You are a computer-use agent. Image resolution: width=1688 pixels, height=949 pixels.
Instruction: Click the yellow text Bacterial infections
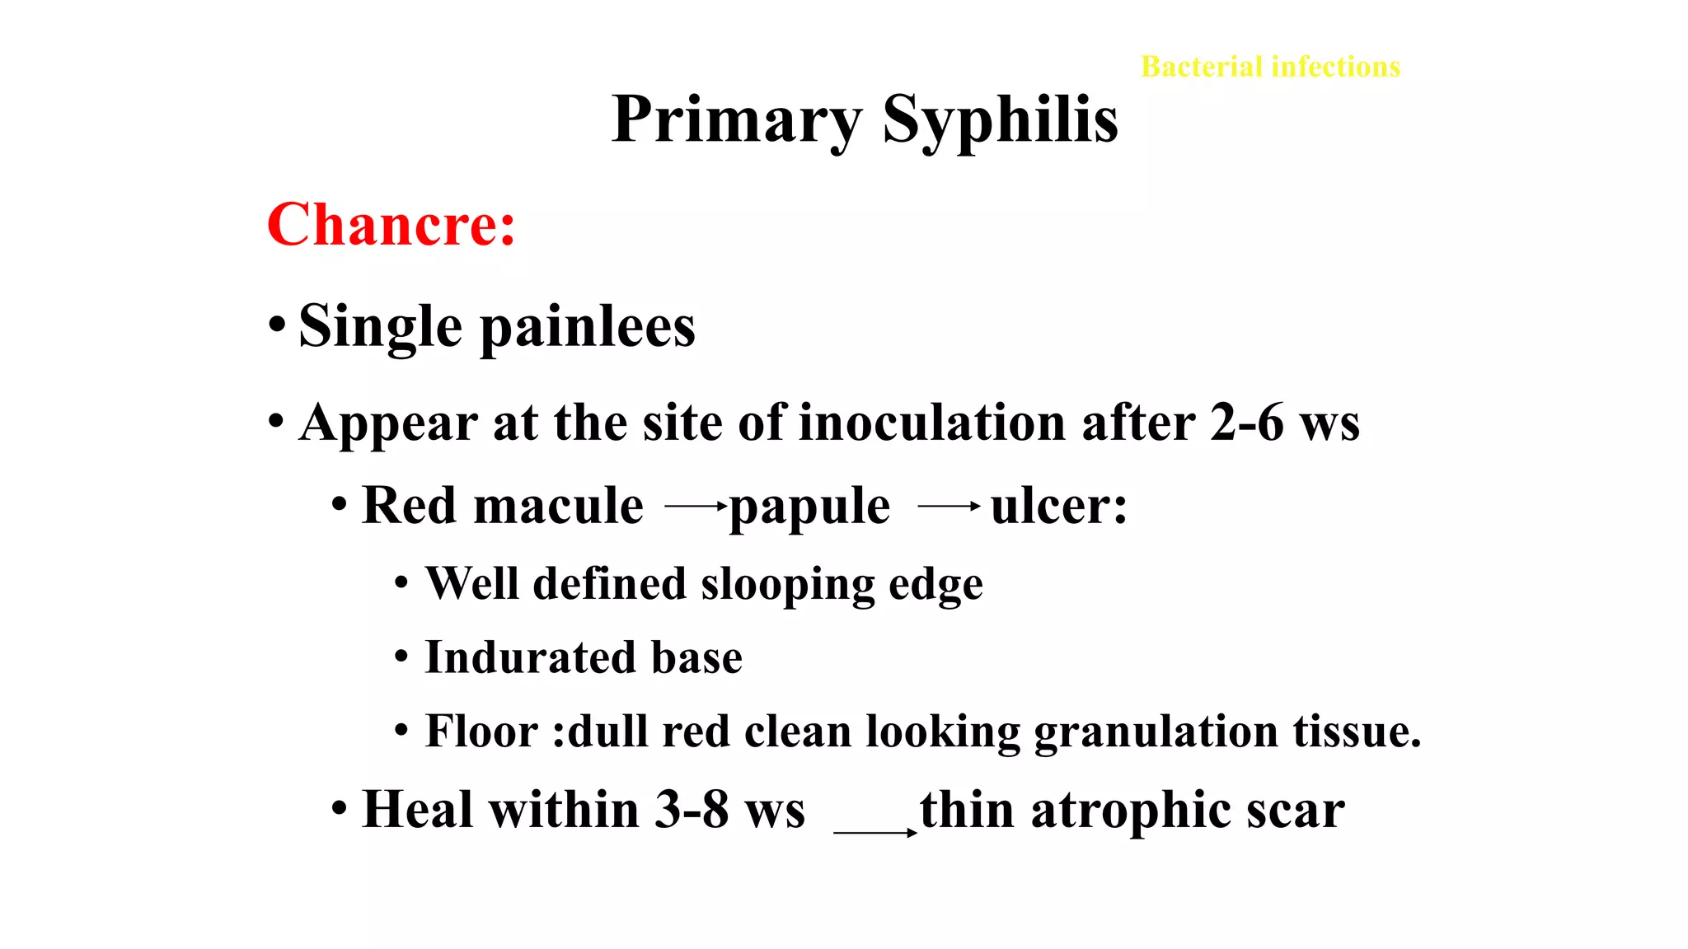tap(1270, 67)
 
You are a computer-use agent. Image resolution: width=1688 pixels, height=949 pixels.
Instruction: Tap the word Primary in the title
tap(736, 120)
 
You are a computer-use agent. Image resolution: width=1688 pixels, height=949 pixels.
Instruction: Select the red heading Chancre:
tap(391, 225)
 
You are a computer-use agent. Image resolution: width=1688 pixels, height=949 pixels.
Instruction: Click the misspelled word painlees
tap(588, 327)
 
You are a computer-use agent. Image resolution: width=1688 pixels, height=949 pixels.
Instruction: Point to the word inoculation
tap(932, 423)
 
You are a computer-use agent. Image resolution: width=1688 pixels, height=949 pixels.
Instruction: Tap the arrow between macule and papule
tap(696, 506)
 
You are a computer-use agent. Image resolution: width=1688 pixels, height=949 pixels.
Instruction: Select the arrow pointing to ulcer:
tap(949, 506)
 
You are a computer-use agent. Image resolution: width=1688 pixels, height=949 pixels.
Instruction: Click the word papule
tap(809, 506)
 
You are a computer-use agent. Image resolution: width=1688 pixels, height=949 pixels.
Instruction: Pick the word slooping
tap(787, 585)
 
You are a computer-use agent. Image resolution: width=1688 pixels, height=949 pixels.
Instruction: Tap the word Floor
tap(481, 732)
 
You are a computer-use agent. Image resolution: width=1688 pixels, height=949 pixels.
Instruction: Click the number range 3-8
tap(692, 810)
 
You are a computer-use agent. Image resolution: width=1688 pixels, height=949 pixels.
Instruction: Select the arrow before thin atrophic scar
tap(875, 832)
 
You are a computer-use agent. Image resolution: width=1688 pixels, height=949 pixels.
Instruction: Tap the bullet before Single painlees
tap(277, 325)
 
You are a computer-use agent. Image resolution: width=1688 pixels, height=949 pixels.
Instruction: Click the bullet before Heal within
tap(339, 808)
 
